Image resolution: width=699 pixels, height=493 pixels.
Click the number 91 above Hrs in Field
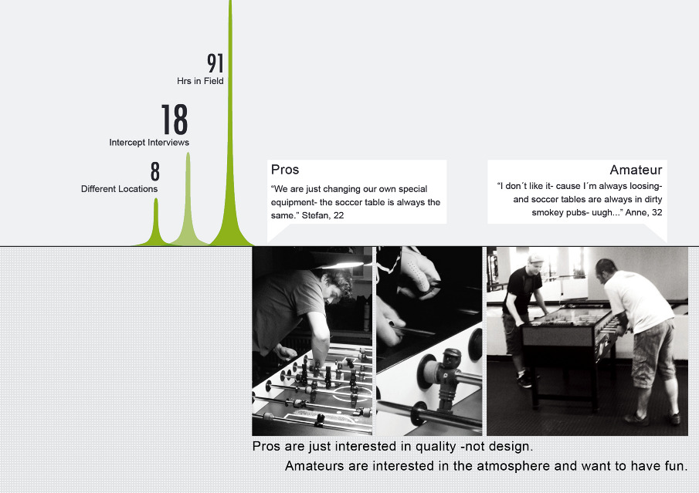click(215, 63)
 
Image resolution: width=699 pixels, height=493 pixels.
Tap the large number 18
click(175, 120)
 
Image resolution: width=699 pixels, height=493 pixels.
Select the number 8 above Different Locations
click(154, 171)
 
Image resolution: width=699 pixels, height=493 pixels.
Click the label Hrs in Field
click(200, 81)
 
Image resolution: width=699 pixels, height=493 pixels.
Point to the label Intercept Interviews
click(149, 143)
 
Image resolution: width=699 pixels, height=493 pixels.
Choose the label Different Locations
click(119, 189)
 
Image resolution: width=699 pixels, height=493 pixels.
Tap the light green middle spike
click(188, 201)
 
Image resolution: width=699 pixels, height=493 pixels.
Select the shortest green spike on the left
click(156, 223)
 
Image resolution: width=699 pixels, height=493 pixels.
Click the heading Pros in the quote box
click(285, 170)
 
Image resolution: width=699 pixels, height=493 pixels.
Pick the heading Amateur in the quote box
click(636, 170)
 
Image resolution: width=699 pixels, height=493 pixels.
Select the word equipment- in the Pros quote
click(294, 203)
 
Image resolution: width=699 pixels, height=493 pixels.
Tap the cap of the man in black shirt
click(535, 258)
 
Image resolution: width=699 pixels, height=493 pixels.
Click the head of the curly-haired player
click(337, 285)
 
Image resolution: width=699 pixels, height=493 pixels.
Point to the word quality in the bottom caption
click(436, 446)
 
